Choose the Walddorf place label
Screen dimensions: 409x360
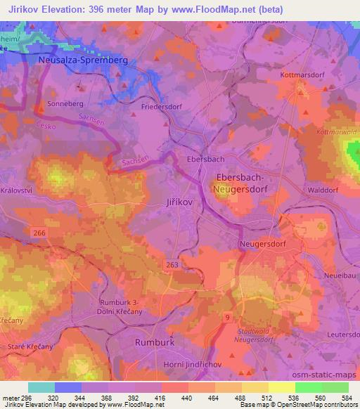coord(326,188)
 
